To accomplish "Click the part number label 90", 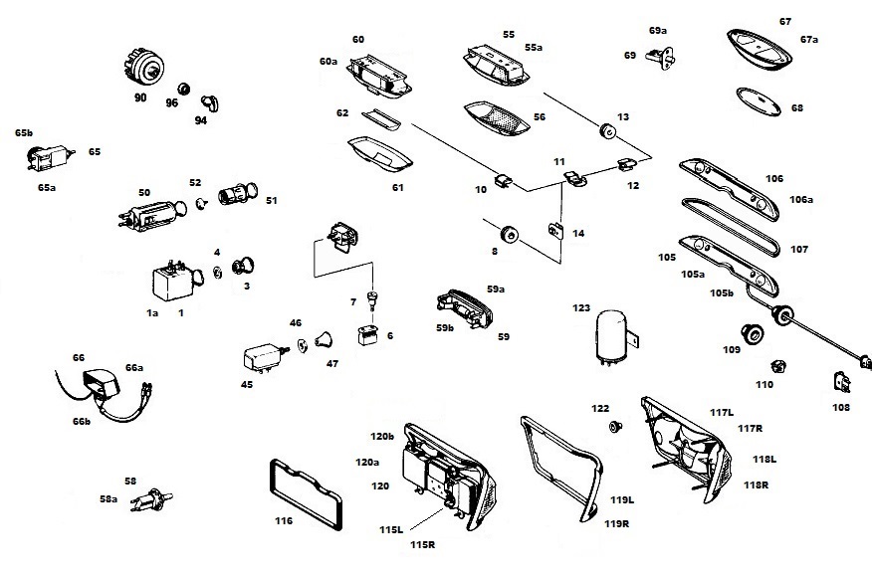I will pyautogui.click(x=139, y=98).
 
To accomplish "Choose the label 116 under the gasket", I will pyautogui.click(x=284, y=520).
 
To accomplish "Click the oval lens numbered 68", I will pyautogui.click(x=761, y=99).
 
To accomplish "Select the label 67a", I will pyautogui.click(x=808, y=40).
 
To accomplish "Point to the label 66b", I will pyautogui.click(x=81, y=422).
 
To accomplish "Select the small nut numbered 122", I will pyautogui.click(x=614, y=427).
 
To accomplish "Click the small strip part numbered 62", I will pyautogui.click(x=379, y=118).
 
